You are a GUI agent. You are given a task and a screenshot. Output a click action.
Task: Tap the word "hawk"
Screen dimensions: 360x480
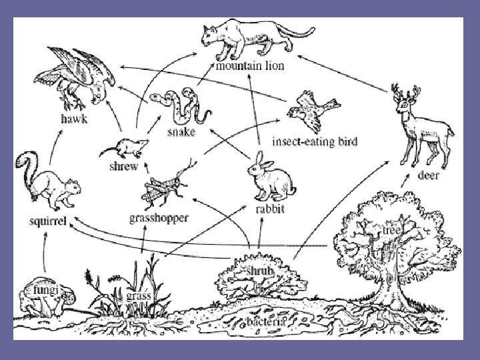click(74, 119)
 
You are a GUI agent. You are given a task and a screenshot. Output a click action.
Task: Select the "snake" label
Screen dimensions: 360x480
click(181, 132)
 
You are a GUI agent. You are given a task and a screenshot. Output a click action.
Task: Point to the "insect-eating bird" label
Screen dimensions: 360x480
click(315, 141)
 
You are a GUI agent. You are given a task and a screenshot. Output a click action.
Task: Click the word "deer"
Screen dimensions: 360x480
click(428, 177)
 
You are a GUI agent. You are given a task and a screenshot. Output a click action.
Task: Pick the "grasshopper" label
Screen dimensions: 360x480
click(158, 217)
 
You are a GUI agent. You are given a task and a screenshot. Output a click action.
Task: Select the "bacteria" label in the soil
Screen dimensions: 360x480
click(266, 321)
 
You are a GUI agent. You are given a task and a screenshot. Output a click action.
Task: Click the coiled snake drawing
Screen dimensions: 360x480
click(178, 106)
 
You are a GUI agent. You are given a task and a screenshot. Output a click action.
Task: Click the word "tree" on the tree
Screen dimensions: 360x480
click(392, 230)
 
